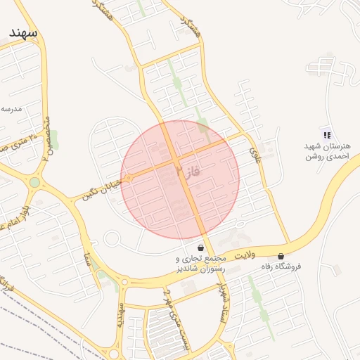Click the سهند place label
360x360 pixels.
pyautogui.click(x=24, y=32)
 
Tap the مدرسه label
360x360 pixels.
pyautogui.click(x=12, y=108)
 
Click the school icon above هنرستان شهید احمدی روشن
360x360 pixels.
pyautogui.click(x=326, y=134)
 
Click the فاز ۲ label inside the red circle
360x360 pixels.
pyautogui.click(x=188, y=171)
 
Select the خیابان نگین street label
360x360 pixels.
pyautogui.click(x=103, y=188)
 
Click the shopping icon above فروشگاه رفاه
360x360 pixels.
pyautogui.click(x=281, y=257)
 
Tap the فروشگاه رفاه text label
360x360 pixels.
pyautogui.click(x=281, y=266)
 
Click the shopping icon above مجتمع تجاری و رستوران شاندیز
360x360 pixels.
pyautogui.click(x=202, y=248)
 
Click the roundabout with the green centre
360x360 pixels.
pyautogui.click(x=34, y=183)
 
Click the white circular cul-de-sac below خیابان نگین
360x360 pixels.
pyautogui.click(x=111, y=238)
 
